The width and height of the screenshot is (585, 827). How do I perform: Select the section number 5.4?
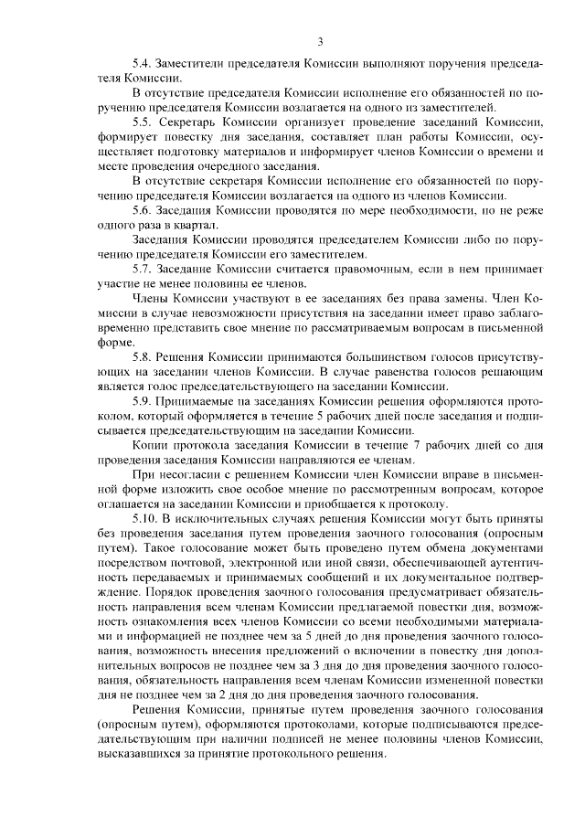[x=143, y=67]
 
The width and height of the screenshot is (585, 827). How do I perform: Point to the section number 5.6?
[x=143, y=211]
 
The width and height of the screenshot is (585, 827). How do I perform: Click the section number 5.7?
[x=143, y=271]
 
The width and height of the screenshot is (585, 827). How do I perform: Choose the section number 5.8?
[x=143, y=358]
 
